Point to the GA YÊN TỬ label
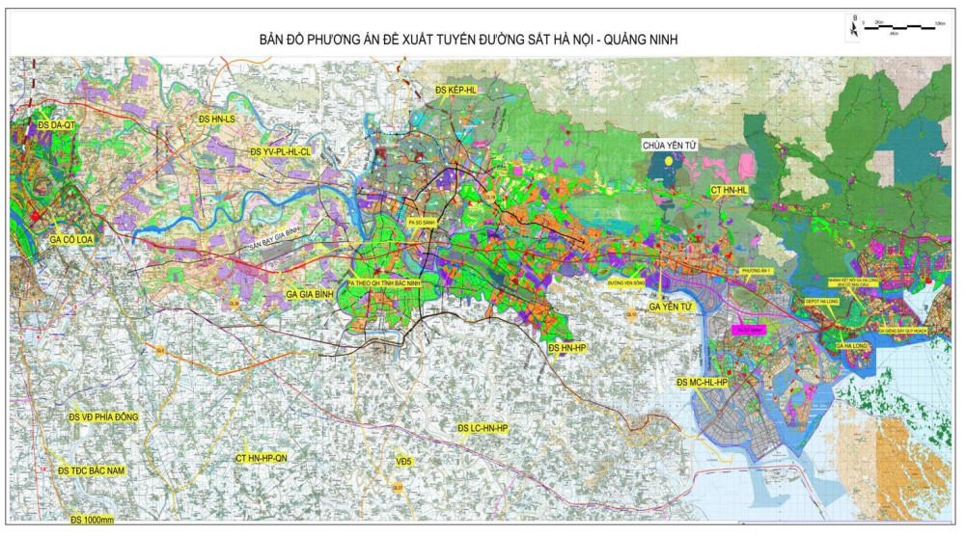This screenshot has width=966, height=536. (672, 306)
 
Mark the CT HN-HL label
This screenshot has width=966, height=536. (729, 191)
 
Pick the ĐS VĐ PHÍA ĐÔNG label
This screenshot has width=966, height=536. (103, 416)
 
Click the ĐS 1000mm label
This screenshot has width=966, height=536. (92, 520)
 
